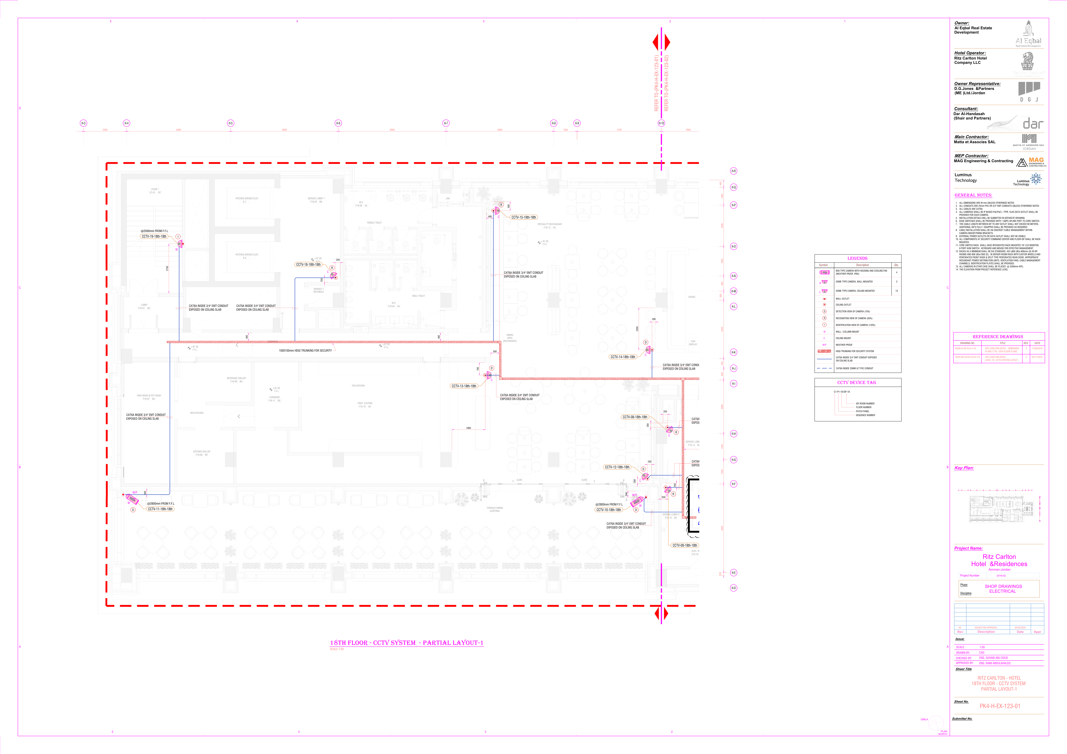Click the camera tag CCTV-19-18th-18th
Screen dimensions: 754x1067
tap(154, 236)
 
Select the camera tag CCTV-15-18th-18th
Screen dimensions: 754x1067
tap(523, 217)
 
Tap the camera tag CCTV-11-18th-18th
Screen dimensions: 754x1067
tap(160, 509)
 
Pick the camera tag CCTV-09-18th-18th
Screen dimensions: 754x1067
tap(685, 546)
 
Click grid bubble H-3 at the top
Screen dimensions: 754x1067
tap(83, 123)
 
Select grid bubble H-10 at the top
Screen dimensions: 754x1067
tap(661, 123)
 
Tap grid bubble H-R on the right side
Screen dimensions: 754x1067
tap(733, 171)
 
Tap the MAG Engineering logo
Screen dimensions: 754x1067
tap(1031, 162)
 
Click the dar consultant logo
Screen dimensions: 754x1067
tap(1033, 124)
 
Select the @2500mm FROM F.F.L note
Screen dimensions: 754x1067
tap(154, 231)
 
